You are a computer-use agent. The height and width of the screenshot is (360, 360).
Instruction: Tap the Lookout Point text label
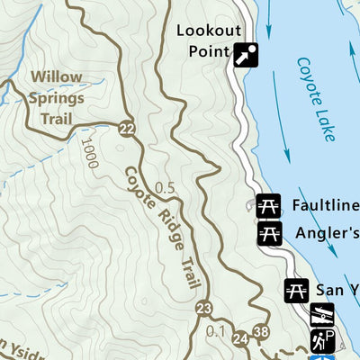tap(203, 40)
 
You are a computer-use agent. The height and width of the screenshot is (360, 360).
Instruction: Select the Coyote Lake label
tap(316, 100)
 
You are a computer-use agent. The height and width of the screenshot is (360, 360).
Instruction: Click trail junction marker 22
tap(127, 128)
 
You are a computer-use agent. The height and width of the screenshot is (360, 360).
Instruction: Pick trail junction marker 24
tap(239, 338)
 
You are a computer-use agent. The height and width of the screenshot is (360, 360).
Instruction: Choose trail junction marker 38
tap(261, 332)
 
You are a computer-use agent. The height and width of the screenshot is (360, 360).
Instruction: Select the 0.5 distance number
tap(165, 188)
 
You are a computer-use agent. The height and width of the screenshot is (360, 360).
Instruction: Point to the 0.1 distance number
tap(216, 331)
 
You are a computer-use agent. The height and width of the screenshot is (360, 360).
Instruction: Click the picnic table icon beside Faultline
tap(268, 205)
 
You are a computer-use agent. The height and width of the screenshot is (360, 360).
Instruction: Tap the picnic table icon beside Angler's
tap(268, 233)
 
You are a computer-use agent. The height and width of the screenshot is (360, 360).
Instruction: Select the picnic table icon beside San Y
tap(296, 290)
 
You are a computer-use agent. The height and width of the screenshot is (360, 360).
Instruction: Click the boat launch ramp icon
tap(322, 315)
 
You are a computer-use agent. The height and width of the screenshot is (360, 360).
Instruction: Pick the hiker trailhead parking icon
tap(322, 341)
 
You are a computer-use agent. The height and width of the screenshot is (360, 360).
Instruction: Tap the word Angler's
tap(326, 233)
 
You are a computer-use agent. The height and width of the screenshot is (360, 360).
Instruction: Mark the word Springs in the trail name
tap(55, 98)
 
